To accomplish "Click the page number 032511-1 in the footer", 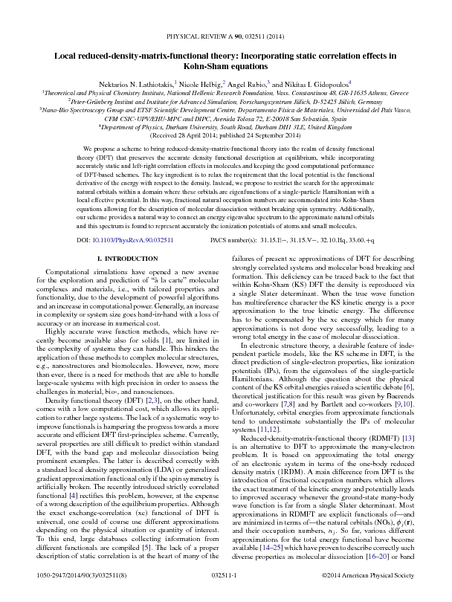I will pyautogui.click(x=226, y=594).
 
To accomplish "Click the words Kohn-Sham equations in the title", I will pyautogui.click(x=226, y=65).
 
